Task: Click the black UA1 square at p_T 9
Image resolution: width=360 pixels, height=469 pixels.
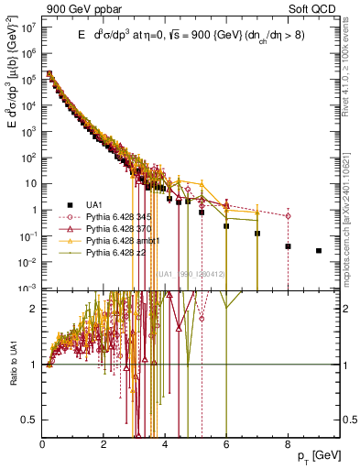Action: pos(319,250)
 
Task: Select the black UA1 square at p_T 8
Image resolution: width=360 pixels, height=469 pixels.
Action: pos(288,246)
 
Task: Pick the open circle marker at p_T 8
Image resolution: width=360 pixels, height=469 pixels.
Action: pos(288,216)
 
